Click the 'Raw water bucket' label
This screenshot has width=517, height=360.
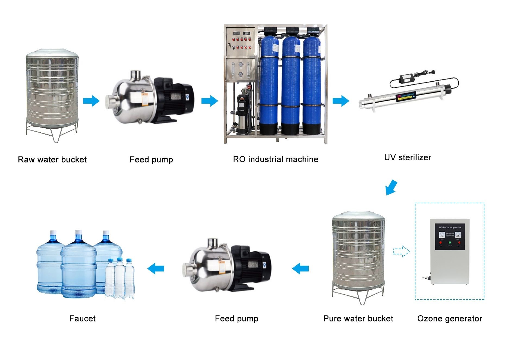point(52,160)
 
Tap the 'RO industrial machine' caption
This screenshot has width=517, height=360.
point(275,159)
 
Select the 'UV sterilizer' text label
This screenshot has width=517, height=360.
point(407,157)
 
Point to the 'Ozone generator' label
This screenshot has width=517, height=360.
point(449,318)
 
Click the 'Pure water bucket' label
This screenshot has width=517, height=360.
point(358,318)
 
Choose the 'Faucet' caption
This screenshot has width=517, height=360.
point(82,318)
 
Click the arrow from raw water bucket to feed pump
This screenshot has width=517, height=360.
point(91,101)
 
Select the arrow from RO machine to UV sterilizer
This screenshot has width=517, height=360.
point(341,101)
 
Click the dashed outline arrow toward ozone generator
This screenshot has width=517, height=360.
point(402,251)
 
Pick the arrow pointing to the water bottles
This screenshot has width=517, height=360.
point(156,269)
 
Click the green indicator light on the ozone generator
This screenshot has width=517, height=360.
point(450,243)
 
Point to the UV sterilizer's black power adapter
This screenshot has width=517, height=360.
point(403,77)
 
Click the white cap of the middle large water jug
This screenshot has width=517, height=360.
point(78,232)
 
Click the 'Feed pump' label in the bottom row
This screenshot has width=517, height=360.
point(236,318)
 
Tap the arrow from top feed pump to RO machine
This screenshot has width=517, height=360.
point(210,101)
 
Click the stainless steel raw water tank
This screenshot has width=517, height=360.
point(52,92)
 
